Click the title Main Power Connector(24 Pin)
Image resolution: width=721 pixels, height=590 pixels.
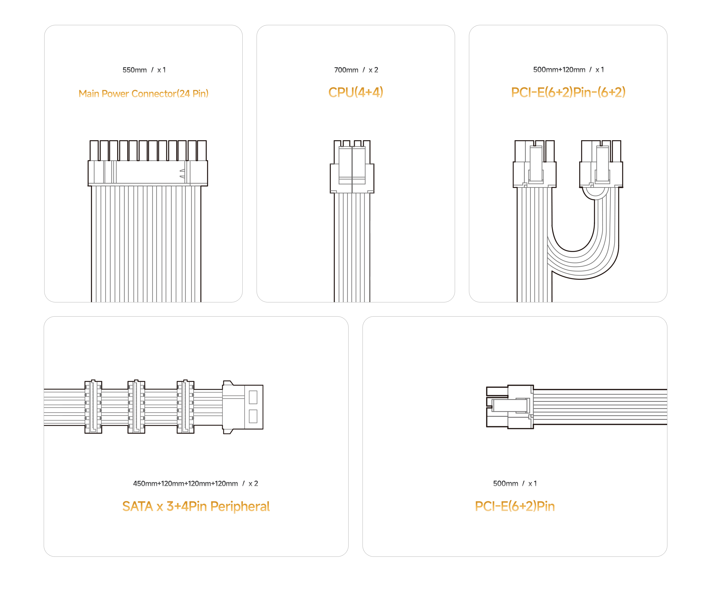pyautogui.click(x=143, y=94)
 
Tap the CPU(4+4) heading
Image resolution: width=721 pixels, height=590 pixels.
pyautogui.click(x=356, y=92)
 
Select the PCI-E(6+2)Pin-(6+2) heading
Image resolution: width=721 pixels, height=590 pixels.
pyautogui.click(x=568, y=92)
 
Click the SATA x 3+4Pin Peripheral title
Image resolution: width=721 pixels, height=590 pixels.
pyautogui.click(x=196, y=506)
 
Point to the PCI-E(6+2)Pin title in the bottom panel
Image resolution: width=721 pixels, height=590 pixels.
pyautogui.click(x=515, y=506)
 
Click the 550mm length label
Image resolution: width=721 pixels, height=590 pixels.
pyautogui.click(x=135, y=70)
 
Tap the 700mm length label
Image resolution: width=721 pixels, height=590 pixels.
pyautogui.click(x=346, y=70)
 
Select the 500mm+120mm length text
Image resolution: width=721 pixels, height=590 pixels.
pyautogui.click(x=559, y=70)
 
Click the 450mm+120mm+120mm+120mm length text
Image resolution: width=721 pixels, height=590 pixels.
pyautogui.click(x=185, y=483)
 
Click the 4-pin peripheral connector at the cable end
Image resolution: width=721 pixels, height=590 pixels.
pyautogui.click(x=242, y=407)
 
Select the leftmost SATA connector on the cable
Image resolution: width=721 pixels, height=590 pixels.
pyautogui.click(x=93, y=406)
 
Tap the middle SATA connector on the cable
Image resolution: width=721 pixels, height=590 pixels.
pyautogui.click(x=136, y=406)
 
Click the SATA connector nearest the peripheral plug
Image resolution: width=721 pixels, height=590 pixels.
pyautogui.click(x=185, y=406)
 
